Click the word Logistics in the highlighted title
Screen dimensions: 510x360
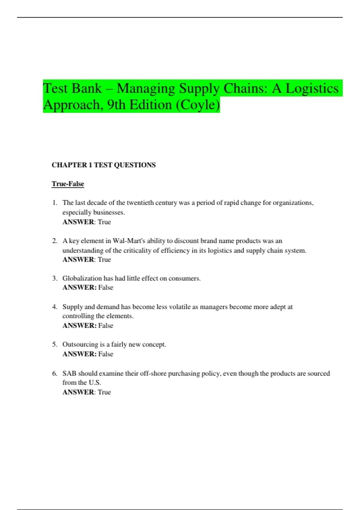tap(312, 89)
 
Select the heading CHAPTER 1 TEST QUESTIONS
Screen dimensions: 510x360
tap(103, 165)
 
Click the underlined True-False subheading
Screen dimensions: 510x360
tap(68, 184)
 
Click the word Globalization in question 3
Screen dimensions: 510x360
tap(82, 278)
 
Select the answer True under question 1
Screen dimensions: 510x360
tap(104, 222)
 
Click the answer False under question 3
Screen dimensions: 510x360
tap(106, 287)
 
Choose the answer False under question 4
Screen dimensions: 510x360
tap(106, 325)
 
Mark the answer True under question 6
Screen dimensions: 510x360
tap(104, 392)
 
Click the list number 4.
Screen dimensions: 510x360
tap(55, 307)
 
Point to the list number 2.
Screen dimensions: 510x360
tap(55, 241)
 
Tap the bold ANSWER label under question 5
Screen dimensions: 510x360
tap(79, 354)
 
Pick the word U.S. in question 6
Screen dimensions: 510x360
tap(95, 382)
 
